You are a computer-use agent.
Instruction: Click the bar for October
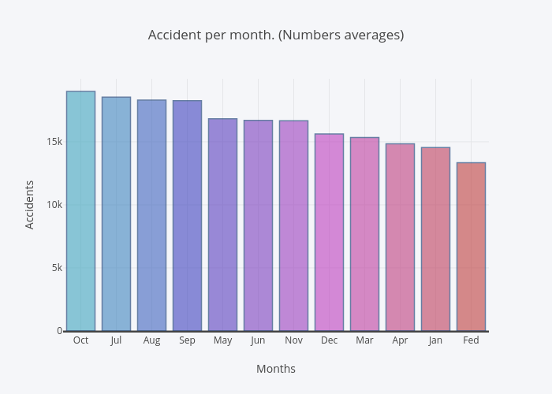(80, 211)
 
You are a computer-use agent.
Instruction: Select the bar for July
(116, 214)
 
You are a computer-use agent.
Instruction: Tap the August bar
(151, 215)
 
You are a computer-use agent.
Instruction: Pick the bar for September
(187, 216)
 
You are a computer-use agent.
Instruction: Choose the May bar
(222, 225)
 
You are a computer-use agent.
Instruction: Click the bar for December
(329, 232)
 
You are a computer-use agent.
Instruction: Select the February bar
(471, 247)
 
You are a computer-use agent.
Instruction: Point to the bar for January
(435, 239)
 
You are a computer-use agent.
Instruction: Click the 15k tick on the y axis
(54, 142)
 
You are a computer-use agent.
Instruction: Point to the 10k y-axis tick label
(54, 205)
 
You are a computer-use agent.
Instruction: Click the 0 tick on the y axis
(59, 331)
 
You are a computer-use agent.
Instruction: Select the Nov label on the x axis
(293, 340)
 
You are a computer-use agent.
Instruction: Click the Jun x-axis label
(258, 340)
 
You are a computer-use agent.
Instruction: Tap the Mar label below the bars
(364, 340)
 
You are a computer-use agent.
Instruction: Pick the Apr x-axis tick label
(400, 340)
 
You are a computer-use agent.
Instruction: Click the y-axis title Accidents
(30, 205)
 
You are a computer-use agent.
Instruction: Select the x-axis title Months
(276, 369)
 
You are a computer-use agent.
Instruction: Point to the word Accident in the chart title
(174, 35)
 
